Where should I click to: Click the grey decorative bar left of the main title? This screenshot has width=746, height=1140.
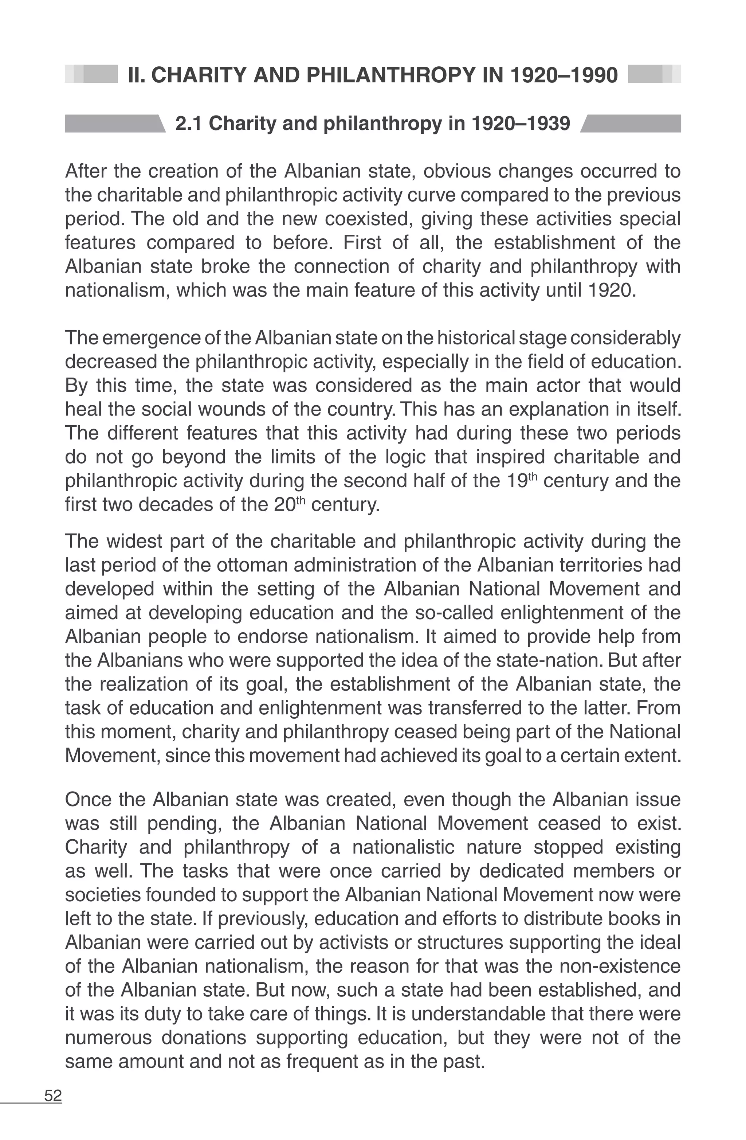coord(91,74)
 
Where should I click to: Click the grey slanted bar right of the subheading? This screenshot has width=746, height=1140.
coord(630,124)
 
